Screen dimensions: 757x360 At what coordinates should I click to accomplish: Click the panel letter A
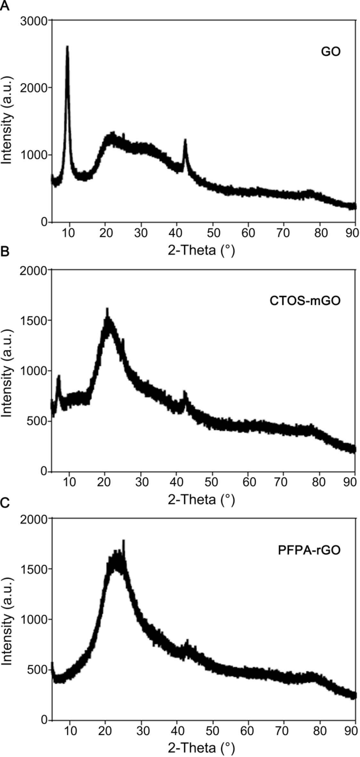pos(5,6)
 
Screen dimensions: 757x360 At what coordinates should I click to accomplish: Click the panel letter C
pos(5,503)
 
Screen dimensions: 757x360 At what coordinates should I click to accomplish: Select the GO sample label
pos(331,52)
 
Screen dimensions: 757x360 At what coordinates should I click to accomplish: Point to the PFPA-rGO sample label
pos(309,550)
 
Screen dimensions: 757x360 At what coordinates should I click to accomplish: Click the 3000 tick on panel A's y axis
pos(34,21)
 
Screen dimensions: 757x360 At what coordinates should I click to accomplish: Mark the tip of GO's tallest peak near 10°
pos(67,47)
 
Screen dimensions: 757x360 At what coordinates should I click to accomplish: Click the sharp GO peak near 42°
pos(185,140)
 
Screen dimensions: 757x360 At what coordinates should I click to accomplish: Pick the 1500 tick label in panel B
pos(34,320)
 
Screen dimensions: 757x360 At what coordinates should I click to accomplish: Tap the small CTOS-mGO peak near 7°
pos(59,375)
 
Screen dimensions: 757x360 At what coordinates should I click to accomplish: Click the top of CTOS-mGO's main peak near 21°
pos(108,309)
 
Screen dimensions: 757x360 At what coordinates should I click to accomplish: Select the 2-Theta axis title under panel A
pos(201,250)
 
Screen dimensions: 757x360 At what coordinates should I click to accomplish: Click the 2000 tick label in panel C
pos(34,519)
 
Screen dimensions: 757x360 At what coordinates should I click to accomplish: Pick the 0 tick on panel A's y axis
pos(44,222)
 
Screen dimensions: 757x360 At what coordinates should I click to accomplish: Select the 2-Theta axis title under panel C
pos(201,748)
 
